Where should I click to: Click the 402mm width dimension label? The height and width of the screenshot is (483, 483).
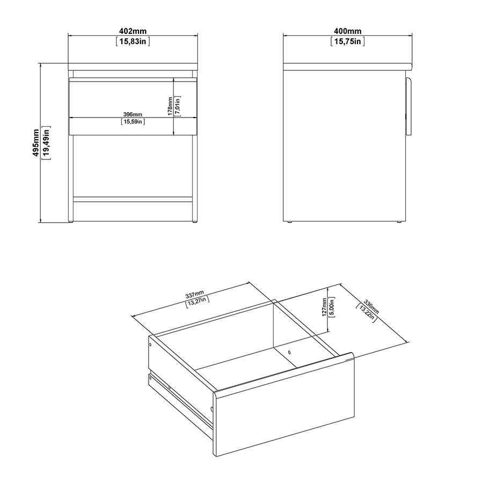point(133,31)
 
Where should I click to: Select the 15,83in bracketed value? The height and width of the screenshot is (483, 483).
point(133,41)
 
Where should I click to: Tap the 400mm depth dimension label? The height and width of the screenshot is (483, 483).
point(348,31)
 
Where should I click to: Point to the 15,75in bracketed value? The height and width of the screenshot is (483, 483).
point(348,41)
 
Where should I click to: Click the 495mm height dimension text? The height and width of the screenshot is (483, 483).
point(36,143)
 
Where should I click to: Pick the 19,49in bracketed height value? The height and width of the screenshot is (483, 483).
point(46,143)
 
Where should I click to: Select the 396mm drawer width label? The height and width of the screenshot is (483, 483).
point(133,114)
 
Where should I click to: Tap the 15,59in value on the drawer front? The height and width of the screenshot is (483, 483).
point(133,122)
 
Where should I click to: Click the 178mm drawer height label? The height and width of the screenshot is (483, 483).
point(170,106)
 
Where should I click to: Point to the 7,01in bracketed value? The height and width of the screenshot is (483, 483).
point(178,106)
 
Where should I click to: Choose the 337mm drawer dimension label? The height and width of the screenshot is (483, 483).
point(194,294)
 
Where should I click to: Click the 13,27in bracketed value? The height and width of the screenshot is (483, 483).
point(197,302)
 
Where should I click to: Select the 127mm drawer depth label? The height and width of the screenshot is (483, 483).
point(324,307)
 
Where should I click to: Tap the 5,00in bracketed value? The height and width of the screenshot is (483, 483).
point(332,307)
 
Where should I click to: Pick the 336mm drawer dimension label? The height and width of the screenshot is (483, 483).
point(371,306)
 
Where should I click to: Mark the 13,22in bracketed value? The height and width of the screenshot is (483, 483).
point(366,313)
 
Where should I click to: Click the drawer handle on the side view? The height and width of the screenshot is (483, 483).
point(409,106)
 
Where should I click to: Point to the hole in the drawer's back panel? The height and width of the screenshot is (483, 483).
point(289,352)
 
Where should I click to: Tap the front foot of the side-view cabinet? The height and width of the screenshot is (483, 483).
point(399,222)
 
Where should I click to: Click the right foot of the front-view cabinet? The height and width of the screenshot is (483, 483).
point(195,222)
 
